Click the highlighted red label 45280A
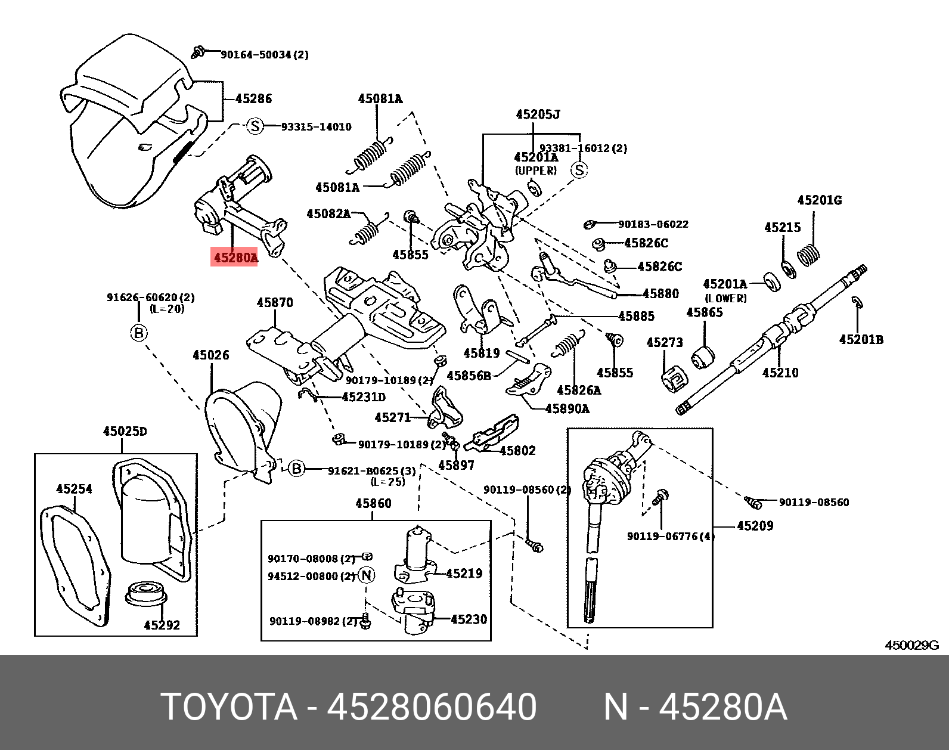[x=234, y=258]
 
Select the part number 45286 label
[x=253, y=99]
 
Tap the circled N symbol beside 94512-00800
[x=367, y=575]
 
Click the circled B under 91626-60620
[x=138, y=332]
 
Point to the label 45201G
[x=819, y=200]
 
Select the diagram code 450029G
[x=911, y=645]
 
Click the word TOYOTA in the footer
[x=230, y=707]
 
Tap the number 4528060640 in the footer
[x=432, y=707]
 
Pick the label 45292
[x=162, y=625]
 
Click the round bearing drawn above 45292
[x=147, y=593]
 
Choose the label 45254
[x=74, y=489]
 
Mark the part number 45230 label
[x=469, y=619]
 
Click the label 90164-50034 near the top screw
[x=264, y=55]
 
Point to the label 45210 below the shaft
[x=780, y=373]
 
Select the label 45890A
[x=567, y=408]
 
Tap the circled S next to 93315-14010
[x=255, y=126]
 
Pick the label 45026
[x=210, y=355]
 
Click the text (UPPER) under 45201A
[x=535, y=171]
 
